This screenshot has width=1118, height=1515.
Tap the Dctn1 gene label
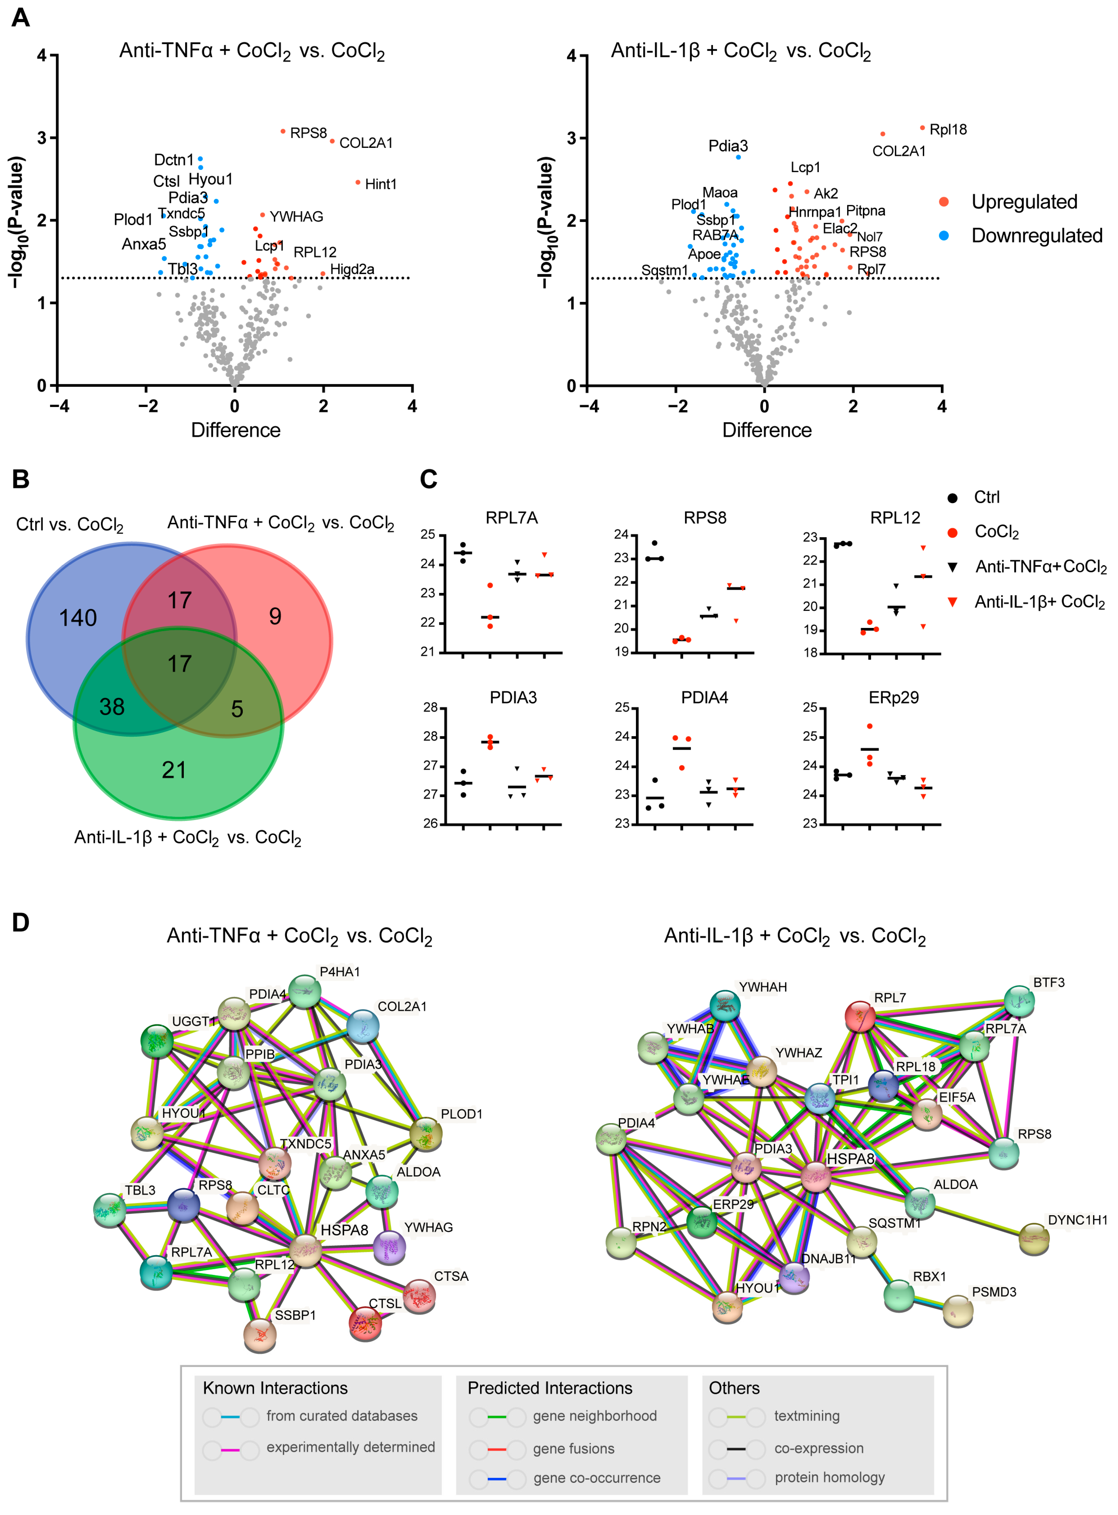coord(174,160)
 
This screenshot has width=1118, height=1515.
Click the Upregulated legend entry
coord(1024,202)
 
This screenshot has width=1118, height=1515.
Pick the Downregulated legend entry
coord(1036,235)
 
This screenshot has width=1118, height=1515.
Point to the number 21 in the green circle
coord(174,770)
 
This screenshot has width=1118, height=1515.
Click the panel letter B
coord(21,479)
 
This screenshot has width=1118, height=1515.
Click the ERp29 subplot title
coord(894,698)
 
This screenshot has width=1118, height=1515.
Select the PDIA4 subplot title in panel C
coord(704,698)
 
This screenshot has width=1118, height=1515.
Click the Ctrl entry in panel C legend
coord(986,497)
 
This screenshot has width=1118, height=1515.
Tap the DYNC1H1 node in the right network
coord(1034,1238)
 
